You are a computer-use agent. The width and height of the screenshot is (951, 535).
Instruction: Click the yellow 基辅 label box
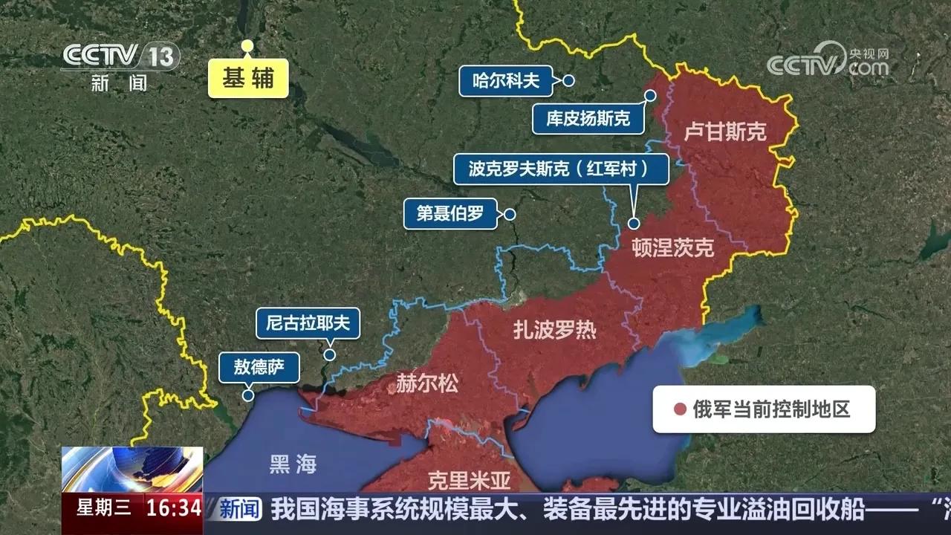pyautogui.click(x=247, y=78)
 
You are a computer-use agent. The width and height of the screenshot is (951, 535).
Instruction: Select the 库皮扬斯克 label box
pyautogui.click(x=588, y=119)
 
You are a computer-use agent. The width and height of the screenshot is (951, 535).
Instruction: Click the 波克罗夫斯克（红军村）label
pyautogui.click(x=561, y=169)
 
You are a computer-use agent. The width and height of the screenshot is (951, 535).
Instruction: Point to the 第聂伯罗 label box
pyautogui.click(x=449, y=214)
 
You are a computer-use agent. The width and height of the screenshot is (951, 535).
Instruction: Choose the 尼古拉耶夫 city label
pyautogui.click(x=308, y=323)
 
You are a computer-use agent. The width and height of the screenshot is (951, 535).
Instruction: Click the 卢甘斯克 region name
pyautogui.click(x=725, y=132)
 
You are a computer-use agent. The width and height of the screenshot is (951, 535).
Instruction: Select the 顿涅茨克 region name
pyautogui.click(x=673, y=248)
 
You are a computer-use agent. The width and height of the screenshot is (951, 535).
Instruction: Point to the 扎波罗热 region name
pyautogui.click(x=554, y=330)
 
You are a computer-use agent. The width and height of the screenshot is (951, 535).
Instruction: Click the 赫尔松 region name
pyautogui.click(x=427, y=383)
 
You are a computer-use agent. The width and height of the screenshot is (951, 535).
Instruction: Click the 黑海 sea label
pyautogui.click(x=293, y=465)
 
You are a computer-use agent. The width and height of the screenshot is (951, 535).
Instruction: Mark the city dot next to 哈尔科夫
pyautogui.click(x=568, y=81)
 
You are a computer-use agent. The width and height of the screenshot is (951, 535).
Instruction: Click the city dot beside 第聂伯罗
pyautogui.click(x=510, y=214)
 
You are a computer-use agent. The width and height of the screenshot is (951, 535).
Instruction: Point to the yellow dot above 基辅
pyautogui.click(x=247, y=46)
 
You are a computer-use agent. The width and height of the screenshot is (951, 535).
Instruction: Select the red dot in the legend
pyautogui.click(x=679, y=409)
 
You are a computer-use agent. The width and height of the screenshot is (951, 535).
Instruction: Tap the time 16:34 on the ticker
pyautogui.click(x=174, y=508)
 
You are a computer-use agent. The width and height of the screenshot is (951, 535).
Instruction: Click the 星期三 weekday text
pyautogui.click(x=104, y=508)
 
